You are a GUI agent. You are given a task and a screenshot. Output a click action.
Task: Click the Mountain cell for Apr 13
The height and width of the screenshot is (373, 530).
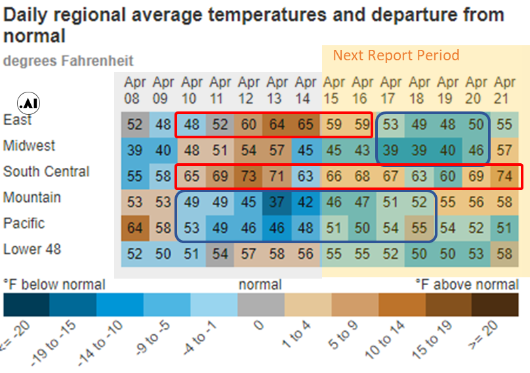[x=277, y=202]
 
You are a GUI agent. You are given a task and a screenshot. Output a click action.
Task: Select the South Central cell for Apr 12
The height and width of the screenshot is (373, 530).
[x=249, y=176]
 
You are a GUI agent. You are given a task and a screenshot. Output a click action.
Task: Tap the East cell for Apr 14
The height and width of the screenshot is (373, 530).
[x=305, y=125]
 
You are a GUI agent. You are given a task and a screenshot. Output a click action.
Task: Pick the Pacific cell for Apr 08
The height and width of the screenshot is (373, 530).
[x=135, y=228]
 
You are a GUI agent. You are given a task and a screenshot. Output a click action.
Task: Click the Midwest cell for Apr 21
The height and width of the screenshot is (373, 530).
[x=504, y=150]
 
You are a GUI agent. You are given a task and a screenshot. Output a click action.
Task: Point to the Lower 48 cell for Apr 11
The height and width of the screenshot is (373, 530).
[x=220, y=254]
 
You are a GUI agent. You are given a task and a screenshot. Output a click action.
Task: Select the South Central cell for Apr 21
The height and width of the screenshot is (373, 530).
[x=504, y=176]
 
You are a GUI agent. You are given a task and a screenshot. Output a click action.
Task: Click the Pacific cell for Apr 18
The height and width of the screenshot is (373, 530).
[x=418, y=228]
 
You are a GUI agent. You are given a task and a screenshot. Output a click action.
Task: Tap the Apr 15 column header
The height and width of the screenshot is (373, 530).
[x=334, y=90]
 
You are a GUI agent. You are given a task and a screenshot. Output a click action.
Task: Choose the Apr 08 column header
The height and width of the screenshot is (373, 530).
[x=135, y=90]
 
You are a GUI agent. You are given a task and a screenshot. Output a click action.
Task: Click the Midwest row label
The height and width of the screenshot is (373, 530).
[x=29, y=146]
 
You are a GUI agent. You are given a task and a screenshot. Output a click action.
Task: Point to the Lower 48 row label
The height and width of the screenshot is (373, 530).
[x=32, y=249]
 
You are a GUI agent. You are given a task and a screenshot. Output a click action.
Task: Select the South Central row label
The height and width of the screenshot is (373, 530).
[x=47, y=172]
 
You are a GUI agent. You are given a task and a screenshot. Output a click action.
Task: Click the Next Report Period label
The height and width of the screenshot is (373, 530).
[x=396, y=55]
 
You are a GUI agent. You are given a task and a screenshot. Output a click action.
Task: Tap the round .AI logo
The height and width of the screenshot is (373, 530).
[x=28, y=104]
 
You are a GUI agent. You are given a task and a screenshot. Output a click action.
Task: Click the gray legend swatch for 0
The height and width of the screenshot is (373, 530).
[x=261, y=305]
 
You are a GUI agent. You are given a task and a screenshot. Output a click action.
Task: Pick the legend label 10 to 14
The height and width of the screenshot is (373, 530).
[x=385, y=340]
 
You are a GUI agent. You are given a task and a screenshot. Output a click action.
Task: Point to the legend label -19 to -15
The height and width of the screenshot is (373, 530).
[x=53, y=343]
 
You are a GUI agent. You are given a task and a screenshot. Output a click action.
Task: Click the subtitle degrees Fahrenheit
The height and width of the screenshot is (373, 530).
[x=68, y=61]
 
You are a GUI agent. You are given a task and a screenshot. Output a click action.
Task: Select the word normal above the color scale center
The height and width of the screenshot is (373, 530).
[x=260, y=285]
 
